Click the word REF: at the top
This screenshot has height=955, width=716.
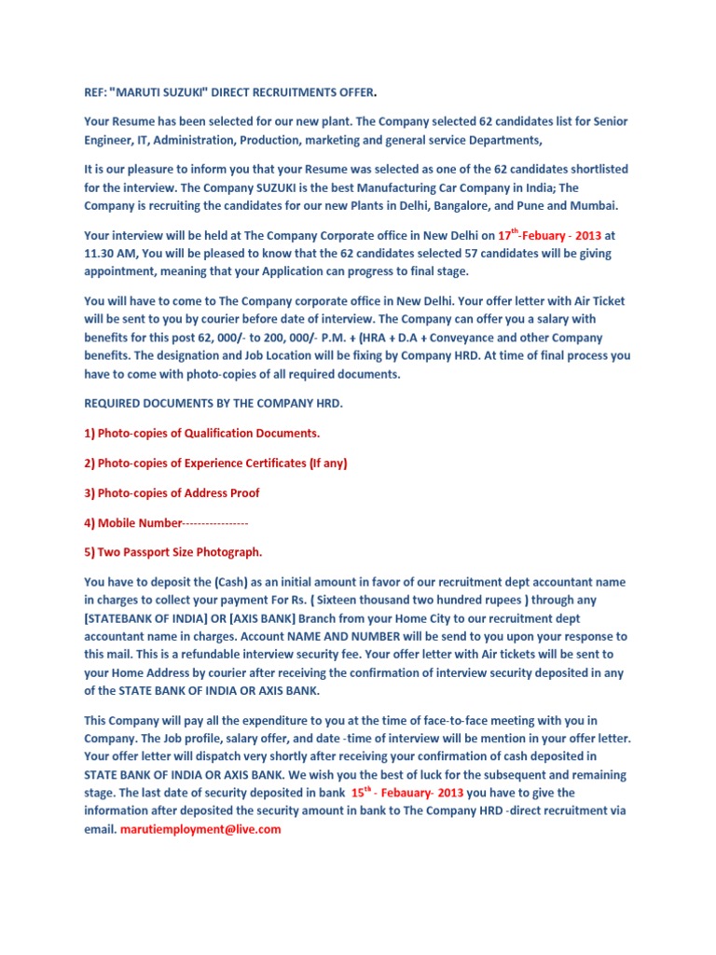97,93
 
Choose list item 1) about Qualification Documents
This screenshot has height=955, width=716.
202,433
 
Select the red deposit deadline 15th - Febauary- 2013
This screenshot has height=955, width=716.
406,793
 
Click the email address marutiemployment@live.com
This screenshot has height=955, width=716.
200,828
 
